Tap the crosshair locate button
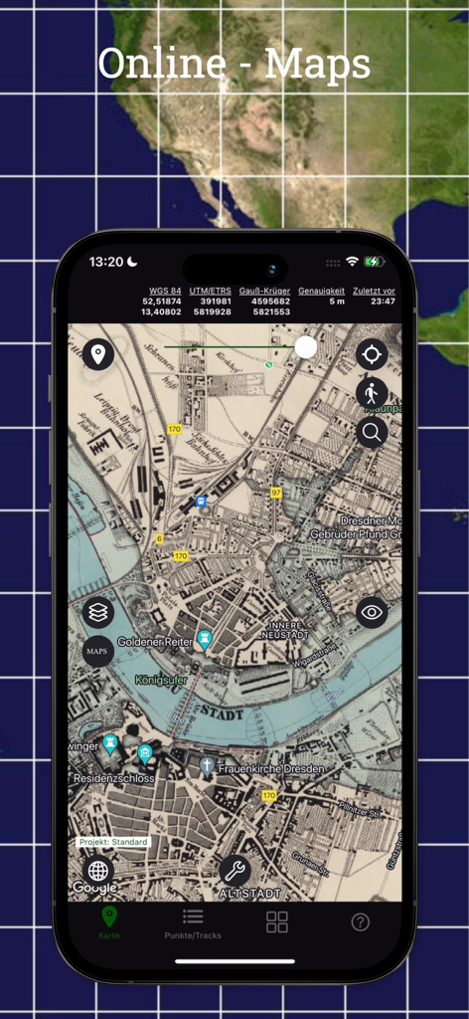[372, 353]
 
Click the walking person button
[372, 393]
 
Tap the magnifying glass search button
[372, 432]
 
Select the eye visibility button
[372, 612]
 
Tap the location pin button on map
[98, 353]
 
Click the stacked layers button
[98, 612]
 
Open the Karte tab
[109, 922]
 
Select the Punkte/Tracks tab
[193, 922]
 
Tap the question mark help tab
[361, 921]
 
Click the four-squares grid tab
[277, 921]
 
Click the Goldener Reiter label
[154, 642]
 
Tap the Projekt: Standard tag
[114, 842]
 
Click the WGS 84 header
[165, 291]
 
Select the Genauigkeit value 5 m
[337, 302]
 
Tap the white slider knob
[306, 346]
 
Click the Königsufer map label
[160, 681]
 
